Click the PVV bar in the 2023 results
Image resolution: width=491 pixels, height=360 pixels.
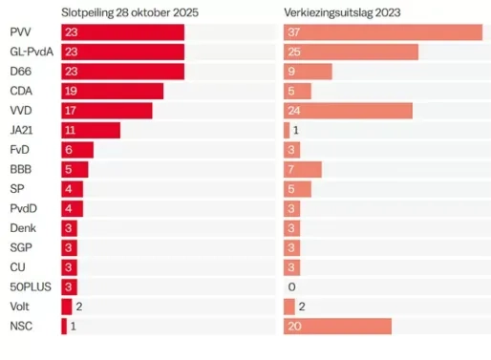point(382,32)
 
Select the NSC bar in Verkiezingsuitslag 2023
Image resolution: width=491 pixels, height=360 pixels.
point(337,327)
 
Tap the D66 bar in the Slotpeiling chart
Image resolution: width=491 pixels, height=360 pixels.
point(122,72)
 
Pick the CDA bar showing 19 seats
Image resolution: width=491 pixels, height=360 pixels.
point(112,92)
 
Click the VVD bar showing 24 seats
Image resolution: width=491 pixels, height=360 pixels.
point(348,111)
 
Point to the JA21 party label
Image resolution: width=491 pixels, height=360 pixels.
point(22,131)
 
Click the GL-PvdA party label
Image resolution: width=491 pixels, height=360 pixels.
point(31,53)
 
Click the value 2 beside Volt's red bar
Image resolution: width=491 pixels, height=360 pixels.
point(79,307)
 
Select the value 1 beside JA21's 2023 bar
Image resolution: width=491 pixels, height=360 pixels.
point(296,131)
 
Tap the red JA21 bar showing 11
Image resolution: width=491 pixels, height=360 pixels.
point(91,131)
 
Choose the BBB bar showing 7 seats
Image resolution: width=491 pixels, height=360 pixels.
point(302,170)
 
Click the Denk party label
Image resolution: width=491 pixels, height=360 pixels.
point(23,228)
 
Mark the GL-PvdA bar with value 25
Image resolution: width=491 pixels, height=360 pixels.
point(351,53)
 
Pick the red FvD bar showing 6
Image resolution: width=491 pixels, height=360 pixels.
point(77,150)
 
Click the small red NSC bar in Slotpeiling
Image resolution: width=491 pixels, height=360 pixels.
point(64,327)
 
